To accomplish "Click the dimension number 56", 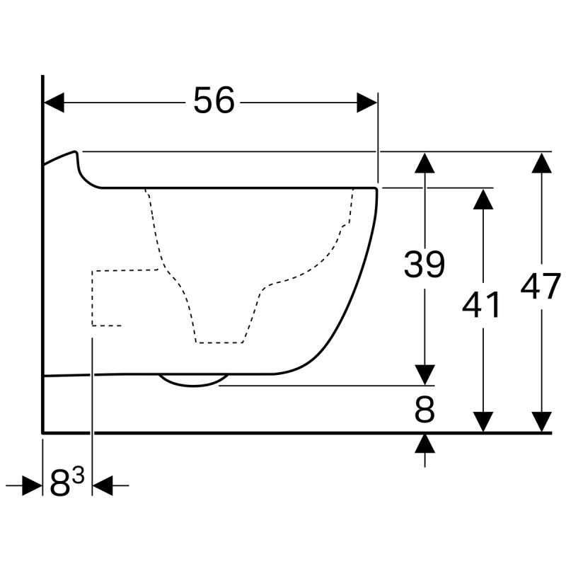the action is click(214, 100).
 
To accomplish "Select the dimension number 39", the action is click(424, 264).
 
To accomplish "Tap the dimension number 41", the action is click(482, 304).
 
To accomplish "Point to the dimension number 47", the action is click(541, 287).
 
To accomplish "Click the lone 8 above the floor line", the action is click(424, 410).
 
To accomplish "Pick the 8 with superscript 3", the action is click(67, 482).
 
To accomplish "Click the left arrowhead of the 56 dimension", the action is click(54, 103).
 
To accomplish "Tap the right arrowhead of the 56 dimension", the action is click(367, 103).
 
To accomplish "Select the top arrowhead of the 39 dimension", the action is click(424, 163).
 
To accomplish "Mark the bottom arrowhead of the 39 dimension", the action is click(424, 375).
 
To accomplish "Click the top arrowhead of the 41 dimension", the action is click(483, 200).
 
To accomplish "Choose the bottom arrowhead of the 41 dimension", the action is click(483, 422).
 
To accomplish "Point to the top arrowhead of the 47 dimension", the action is click(541, 163).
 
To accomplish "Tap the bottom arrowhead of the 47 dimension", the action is click(541, 422).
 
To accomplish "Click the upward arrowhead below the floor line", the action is click(424, 444).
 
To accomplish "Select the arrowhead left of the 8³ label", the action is click(32, 485).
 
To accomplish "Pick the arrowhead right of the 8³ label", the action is click(103, 485).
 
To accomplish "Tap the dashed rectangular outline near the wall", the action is click(93, 298).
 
